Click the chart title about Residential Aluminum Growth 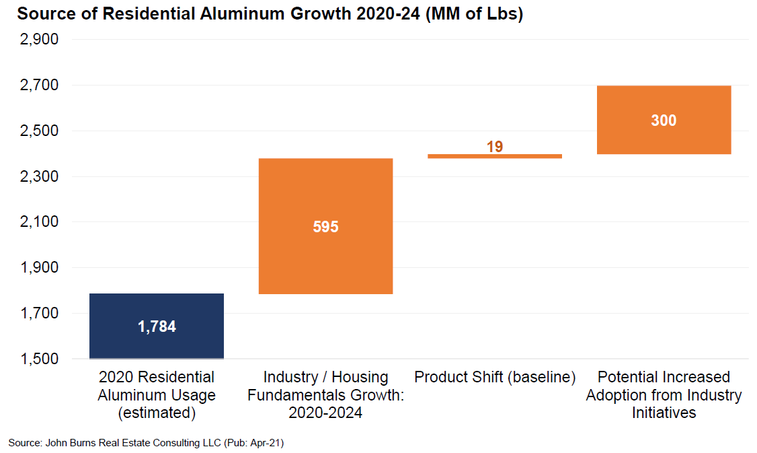(x=270, y=14)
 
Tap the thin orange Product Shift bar (x=495, y=156)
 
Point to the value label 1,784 (x=157, y=327)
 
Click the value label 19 (x=495, y=146)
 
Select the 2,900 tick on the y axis (x=40, y=40)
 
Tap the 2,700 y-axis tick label (x=40, y=85)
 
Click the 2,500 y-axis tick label (x=40, y=131)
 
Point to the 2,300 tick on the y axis (x=40, y=177)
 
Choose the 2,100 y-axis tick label (x=40, y=222)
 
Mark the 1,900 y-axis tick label (x=40, y=268)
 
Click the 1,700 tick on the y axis (x=40, y=314)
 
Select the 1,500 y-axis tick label (x=40, y=359)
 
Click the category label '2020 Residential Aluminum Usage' (x=157, y=395)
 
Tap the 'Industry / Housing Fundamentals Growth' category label (x=325, y=395)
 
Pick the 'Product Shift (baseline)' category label (x=495, y=377)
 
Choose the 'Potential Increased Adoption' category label (x=664, y=395)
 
